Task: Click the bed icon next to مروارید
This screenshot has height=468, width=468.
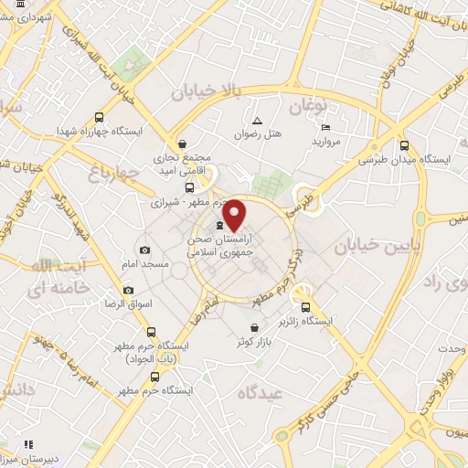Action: point(326,127)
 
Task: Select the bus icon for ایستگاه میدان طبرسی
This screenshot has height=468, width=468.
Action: point(404,145)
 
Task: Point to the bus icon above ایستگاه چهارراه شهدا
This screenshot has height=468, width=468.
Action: point(99,117)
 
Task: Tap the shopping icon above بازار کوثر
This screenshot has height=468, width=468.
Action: point(253,326)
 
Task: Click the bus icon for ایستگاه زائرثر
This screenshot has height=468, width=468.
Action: point(306,308)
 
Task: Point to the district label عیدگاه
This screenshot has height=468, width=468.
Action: point(262,393)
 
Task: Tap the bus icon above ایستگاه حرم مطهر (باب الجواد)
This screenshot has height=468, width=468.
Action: point(152,332)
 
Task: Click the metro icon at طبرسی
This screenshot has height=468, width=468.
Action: point(301,192)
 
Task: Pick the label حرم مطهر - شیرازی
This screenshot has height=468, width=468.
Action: point(185,201)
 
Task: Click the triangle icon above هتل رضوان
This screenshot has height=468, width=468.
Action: point(257,121)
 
